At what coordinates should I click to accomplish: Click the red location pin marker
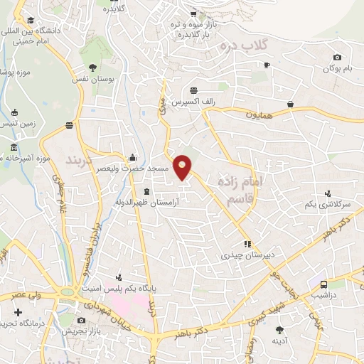(x=183, y=168)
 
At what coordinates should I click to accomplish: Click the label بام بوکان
(x=336, y=68)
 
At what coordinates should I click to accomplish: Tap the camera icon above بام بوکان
(x=337, y=57)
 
